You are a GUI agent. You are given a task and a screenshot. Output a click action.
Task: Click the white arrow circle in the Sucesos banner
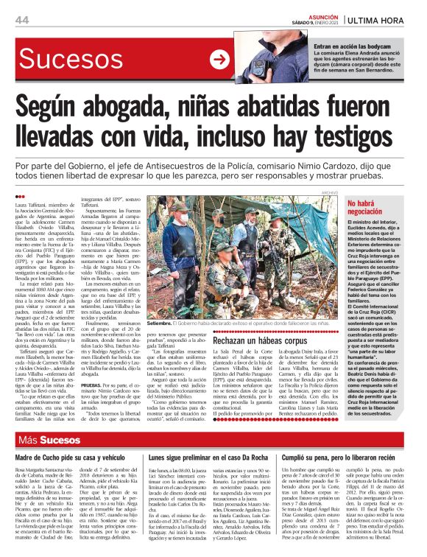click(x=219, y=60)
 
